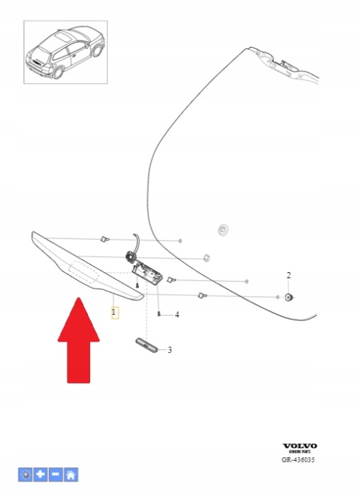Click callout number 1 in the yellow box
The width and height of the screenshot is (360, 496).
tap(114, 313)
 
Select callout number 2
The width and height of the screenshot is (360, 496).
tap(288, 276)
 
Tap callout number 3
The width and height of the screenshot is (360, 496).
tap(170, 350)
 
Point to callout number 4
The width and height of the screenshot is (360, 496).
tap(177, 315)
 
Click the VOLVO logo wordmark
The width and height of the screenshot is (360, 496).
tap(299, 446)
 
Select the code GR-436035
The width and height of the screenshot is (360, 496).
tap(298, 459)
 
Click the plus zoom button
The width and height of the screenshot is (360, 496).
tap(41, 475)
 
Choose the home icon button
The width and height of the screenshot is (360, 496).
tap(71, 475)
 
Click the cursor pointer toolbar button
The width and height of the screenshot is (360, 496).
tap(25, 475)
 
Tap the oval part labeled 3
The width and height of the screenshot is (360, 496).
tap(147, 345)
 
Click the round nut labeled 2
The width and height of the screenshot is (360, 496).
tap(288, 298)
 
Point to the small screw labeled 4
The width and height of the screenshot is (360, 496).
tap(159, 314)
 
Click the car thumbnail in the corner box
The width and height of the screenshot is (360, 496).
tap(66, 52)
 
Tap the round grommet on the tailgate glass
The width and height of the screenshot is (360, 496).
tap(223, 229)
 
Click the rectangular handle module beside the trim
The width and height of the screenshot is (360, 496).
tap(147, 275)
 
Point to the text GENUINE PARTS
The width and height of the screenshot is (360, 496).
tap(299, 452)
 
